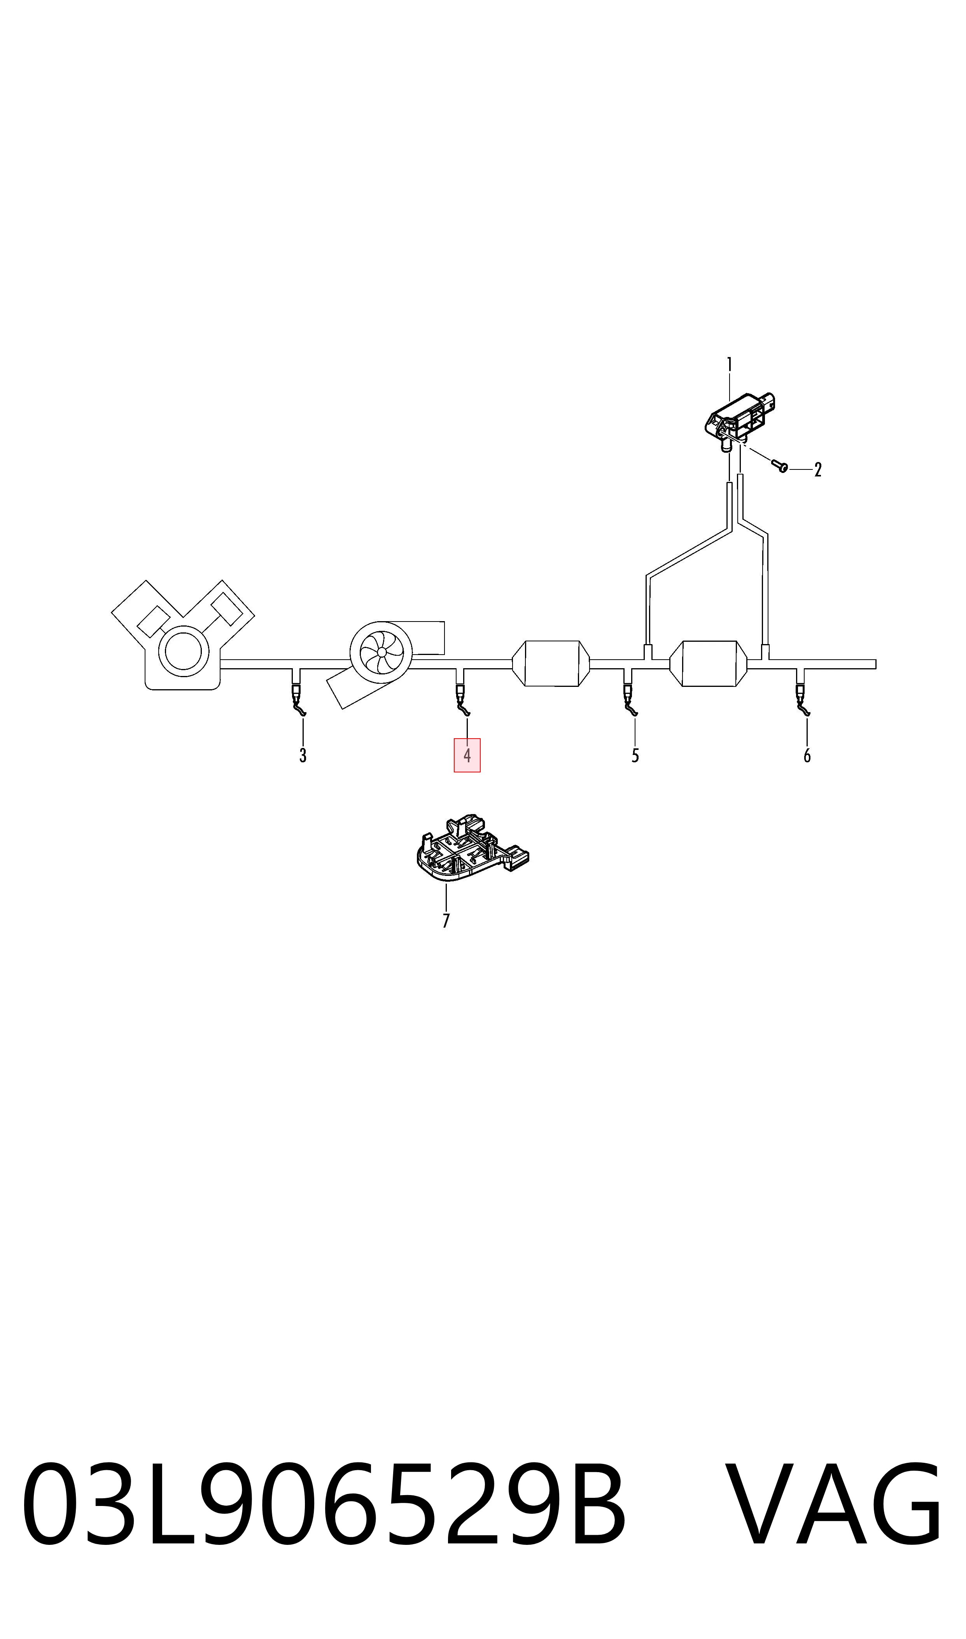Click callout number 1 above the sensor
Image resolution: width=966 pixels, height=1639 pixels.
tap(729, 364)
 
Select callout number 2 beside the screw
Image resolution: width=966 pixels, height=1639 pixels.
tap(818, 469)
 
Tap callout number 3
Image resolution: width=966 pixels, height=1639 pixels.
tap(303, 756)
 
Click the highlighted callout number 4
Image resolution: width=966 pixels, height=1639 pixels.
tap(467, 756)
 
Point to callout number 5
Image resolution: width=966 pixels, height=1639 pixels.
tap(635, 756)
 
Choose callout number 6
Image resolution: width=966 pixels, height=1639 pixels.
tap(807, 756)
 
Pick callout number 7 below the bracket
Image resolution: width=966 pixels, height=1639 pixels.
tap(446, 921)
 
